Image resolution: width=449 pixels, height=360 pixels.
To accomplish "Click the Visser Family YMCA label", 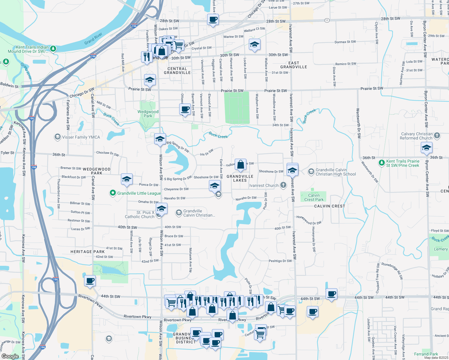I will [81, 137].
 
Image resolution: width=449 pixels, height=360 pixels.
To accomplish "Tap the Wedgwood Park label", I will [148, 114].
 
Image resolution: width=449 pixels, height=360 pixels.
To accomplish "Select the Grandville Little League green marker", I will [113, 193].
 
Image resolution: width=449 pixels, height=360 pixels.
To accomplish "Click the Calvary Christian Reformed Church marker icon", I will [437, 136].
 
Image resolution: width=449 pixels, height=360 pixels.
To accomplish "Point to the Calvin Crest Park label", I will [314, 197].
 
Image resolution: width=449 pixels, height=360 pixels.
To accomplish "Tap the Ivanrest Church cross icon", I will [283, 185].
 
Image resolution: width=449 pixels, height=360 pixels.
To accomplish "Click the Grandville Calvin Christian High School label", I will [336, 172].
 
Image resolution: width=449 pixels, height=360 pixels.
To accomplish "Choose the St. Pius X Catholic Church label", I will [140, 214].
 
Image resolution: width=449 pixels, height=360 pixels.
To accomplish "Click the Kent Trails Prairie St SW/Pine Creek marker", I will [381, 163].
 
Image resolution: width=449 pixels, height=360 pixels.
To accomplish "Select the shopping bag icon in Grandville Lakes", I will [240, 165].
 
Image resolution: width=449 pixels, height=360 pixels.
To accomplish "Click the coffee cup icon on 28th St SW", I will [213, 20].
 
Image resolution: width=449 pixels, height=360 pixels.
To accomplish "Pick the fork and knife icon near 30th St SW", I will [147, 56].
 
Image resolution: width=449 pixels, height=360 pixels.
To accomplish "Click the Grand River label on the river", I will [93, 39].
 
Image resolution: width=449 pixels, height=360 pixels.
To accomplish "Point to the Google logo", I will [10, 356].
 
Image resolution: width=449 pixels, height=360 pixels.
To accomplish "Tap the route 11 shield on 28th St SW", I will [327, 20].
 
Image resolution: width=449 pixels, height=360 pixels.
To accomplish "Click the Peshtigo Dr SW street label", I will [280, 261].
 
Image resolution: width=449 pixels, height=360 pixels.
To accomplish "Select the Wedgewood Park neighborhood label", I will [97, 171].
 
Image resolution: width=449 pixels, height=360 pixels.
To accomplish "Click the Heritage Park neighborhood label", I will [87, 252].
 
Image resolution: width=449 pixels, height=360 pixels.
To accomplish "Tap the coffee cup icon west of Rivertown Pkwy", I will [90, 281].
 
